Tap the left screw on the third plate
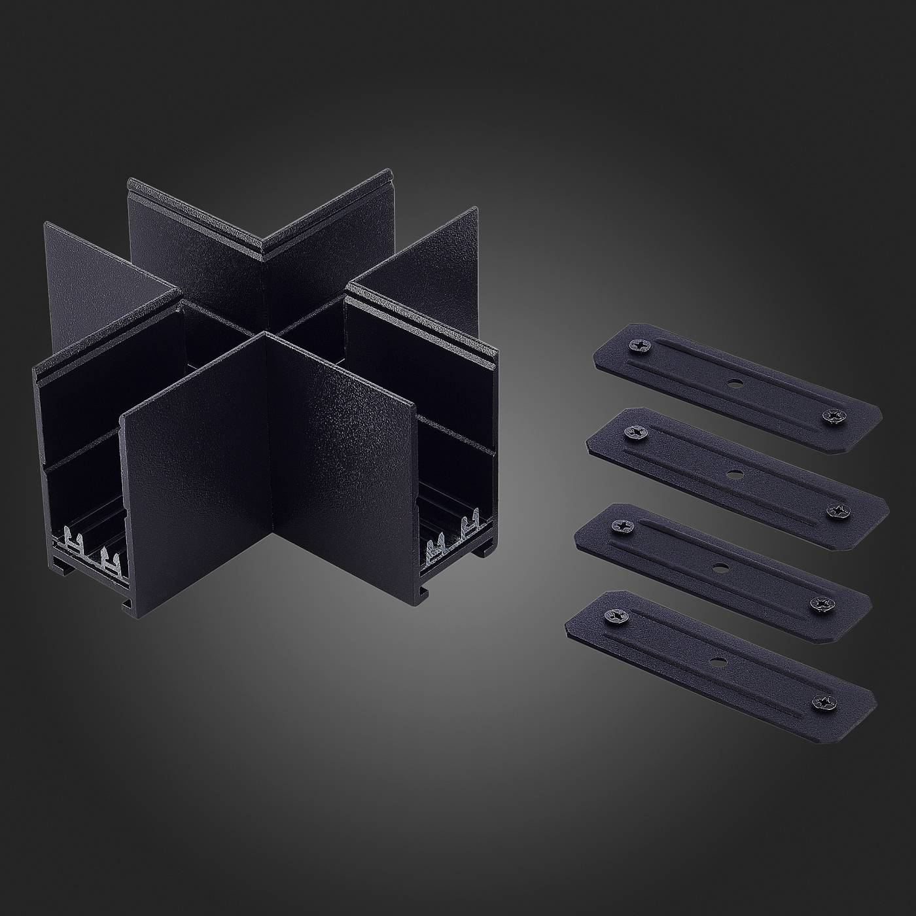[619, 525]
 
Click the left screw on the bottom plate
[615, 615]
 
